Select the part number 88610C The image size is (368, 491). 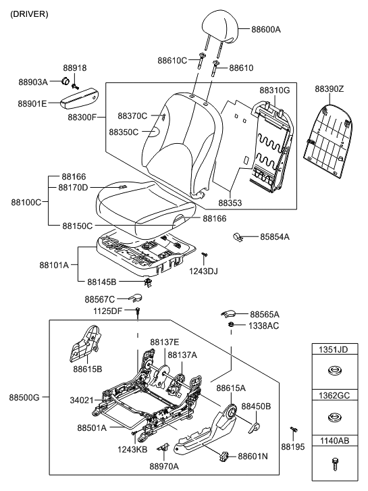(172, 60)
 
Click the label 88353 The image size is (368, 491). (230, 202)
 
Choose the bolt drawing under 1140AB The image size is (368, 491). (333, 463)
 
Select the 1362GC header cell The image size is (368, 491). (333, 395)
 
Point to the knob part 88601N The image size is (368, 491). (225, 457)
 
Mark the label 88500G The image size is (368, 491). (25, 397)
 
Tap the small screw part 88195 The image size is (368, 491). (294, 430)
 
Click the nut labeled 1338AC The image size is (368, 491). (231, 326)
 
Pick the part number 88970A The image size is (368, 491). (164, 466)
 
